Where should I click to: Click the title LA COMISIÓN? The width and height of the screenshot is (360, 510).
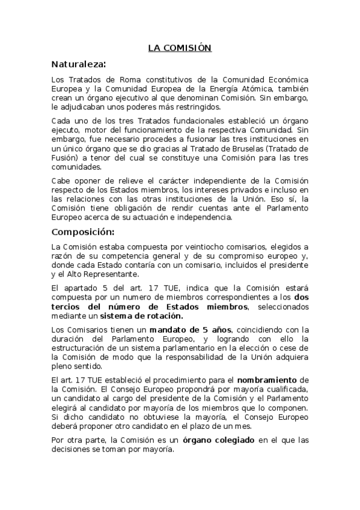(180, 48)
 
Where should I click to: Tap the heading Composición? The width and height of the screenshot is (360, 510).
(83, 232)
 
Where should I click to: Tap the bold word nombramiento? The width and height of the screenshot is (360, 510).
(267, 381)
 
